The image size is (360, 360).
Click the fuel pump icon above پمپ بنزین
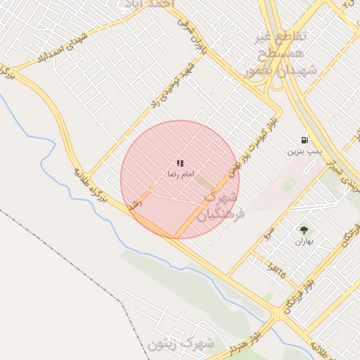click(x=304, y=140)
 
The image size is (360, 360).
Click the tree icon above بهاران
click(x=304, y=229)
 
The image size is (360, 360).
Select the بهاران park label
click(x=304, y=240)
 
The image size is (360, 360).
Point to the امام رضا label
click(x=180, y=173)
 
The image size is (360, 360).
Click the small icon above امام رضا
click(x=180, y=162)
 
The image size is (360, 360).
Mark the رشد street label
click(x=134, y=205)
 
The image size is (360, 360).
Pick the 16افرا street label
click(x=277, y=266)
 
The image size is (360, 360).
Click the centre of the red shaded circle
click(x=180, y=179)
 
